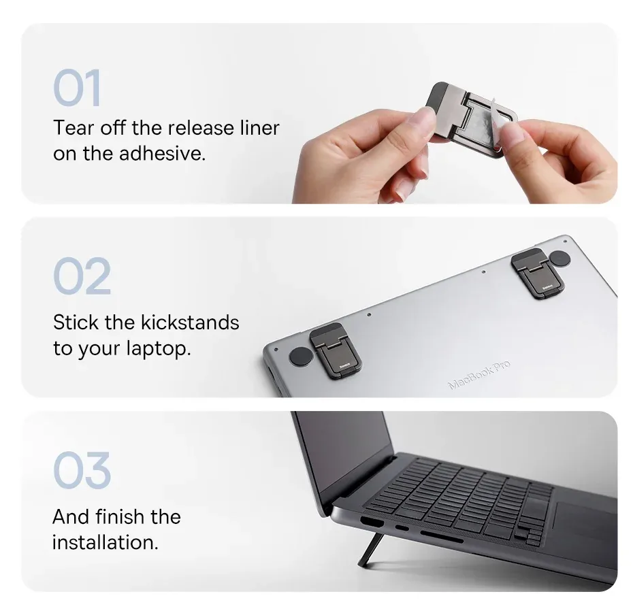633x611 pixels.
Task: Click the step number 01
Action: (77, 88)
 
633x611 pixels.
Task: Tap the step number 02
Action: (81, 276)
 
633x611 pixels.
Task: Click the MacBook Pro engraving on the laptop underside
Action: (479, 375)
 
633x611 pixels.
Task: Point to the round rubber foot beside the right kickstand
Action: (559, 258)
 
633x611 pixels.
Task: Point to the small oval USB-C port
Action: (402, 528)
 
